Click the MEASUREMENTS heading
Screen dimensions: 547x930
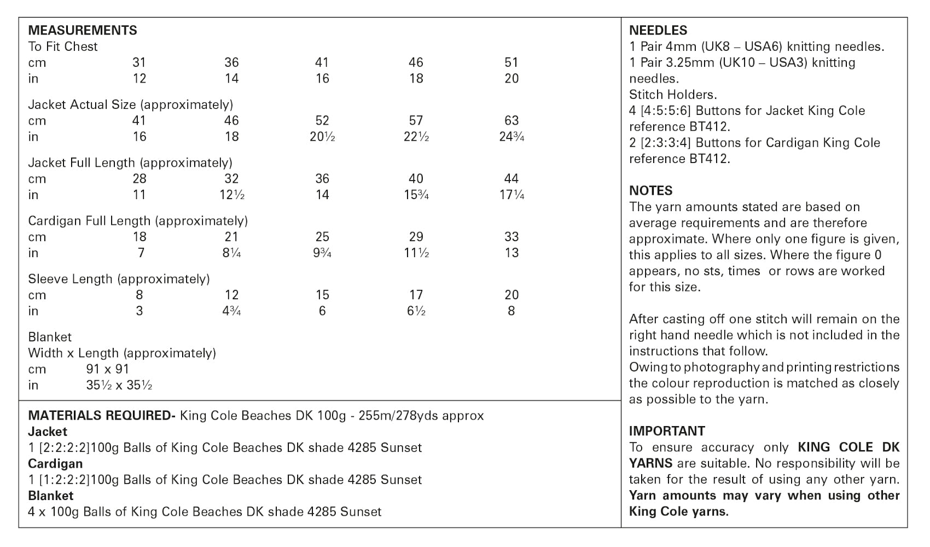pos(83,30)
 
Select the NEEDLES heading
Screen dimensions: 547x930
pos(658,31)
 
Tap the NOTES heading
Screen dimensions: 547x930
pos(650,191)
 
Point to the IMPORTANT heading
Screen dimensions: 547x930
pos(667,431)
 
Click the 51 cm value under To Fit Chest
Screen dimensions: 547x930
pos(512,62)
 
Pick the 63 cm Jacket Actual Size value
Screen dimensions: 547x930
pos(512,120)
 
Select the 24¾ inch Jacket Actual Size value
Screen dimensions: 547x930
pos(512,137)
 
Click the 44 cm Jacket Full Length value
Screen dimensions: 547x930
pos(512,179)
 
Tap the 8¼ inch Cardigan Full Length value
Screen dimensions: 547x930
pos(232,253)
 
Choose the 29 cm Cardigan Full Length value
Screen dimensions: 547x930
pos(416,237)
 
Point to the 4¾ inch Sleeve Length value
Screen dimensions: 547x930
pos(232,311)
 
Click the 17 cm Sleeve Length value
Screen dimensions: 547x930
pos(416,295)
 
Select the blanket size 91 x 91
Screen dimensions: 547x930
pos(108,369)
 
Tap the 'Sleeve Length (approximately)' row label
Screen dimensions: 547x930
pos(119,279)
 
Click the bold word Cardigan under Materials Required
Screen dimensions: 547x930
pos(55,464)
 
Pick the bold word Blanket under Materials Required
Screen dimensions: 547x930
pos(50,496)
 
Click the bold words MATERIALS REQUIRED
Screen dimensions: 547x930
pos(101,416)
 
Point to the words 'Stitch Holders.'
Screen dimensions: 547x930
pos(673,95)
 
